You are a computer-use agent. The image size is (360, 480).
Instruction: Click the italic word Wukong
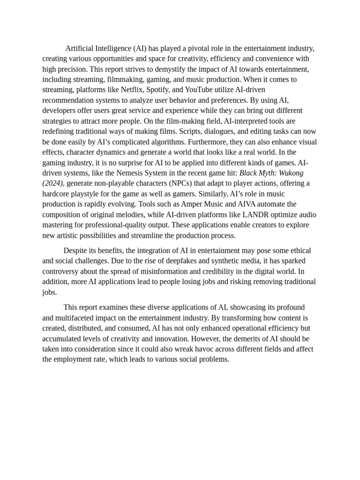pyautogui.click(x=288, y=173)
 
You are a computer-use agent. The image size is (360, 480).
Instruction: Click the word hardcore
pyautogui.click(x=58, y=194)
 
